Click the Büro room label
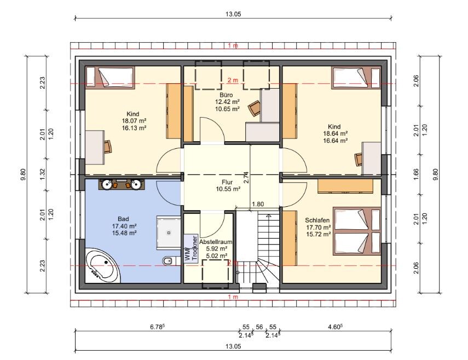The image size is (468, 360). pyautogui.click(x=226, y=95)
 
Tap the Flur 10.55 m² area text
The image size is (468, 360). pyautogui.click(x=228, y=189)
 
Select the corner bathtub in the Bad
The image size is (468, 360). pyautogui.click(x=102, y=265)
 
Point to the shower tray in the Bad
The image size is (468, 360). pyautogui.click(x=169, y=233)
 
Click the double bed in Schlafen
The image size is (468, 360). pyautogui.click(x=357, y=231)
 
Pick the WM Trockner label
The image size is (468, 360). pyautogui.click(x=192, y=249)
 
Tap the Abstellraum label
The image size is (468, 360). pyautogui.click(x=216, y=242)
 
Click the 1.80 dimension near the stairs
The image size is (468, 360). pyautogui.click(x=258, y=204)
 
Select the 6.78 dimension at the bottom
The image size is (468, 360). pyautogui.click(x=157, y=327)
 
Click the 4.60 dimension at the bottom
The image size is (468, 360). pyautogui.click(x=335, y=327)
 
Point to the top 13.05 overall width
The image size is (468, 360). pyautogui.click(x=233, y=14)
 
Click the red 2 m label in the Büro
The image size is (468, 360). pyautogui.click(x=233, y=80)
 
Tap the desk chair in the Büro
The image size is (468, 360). pyautogui.click(x=255, y=108)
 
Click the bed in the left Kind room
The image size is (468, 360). pyautogui.click(x=110, y=78)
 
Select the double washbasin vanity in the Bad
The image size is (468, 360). pyautogui.click(x=121, y=184)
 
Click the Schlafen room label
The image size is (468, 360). pyautogui.click(x=317, y=220)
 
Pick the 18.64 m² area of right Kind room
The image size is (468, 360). pyautogui.click(x=335, y=133)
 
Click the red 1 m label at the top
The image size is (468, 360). pyautogui.click(x=233, y=45)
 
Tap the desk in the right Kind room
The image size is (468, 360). pyautogui.click(x=371, y=158)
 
